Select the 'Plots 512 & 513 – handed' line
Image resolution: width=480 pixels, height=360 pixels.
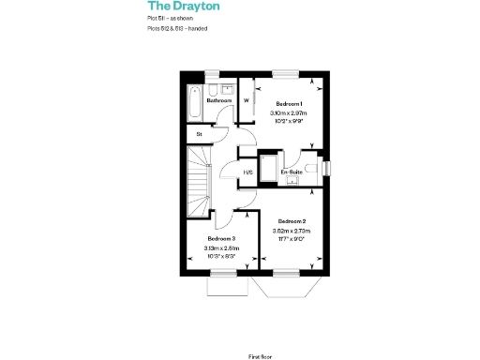pos(177,29)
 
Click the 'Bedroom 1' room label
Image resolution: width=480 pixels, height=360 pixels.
pos(289,103)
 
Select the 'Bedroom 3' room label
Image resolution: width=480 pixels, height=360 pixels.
pos(221,240)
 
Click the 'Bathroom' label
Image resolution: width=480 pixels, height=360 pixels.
pos(218,100)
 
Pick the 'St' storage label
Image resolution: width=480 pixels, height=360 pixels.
pos(200,135)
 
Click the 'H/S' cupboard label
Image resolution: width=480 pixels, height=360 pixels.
pos(248,172)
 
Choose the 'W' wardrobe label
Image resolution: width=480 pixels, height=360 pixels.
pos(247,99)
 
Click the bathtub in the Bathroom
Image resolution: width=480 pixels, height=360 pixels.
pos(194,103)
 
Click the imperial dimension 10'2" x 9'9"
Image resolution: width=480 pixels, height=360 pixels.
pos(289,122)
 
